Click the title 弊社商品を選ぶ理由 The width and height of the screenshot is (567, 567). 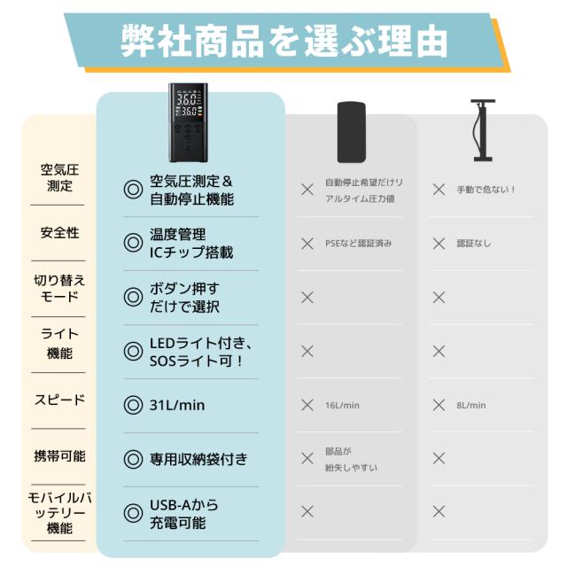pos(284,42)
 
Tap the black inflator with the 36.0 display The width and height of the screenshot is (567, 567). pos(188,122)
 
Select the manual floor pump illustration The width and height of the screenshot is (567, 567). pos(483,130)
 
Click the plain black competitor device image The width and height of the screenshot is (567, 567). pos(351,132)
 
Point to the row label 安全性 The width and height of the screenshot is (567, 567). pos(59,232)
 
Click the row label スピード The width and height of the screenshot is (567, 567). pos(59,400)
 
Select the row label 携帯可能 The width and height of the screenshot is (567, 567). pos(59,456)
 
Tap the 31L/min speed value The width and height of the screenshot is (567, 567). pos(177,405)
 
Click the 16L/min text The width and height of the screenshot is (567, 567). pos(342,406)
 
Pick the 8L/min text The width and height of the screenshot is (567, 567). pos(471,406)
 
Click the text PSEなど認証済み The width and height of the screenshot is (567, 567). pos(358,244)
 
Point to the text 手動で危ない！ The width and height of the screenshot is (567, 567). pos(486,190)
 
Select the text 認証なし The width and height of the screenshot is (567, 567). pos(474,244)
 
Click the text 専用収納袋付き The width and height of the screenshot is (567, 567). pos(198,459)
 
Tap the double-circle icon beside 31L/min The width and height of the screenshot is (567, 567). pos(133,405)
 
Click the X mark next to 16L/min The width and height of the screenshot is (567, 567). pos(307,405)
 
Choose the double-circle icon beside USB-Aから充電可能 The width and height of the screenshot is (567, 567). pos(133,513)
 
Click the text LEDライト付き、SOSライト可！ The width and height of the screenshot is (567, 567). pos(201,352)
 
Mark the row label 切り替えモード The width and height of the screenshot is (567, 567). pos(59,288)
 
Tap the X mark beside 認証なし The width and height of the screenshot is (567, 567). pos(439,244)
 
